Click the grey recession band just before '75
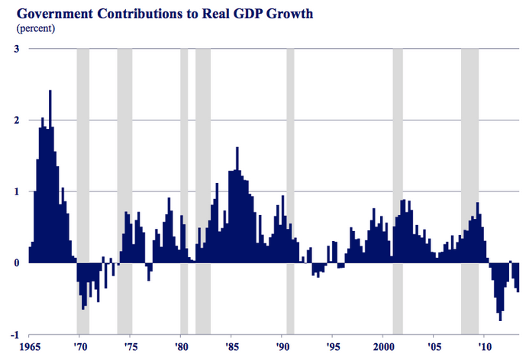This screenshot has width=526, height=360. (124, 153)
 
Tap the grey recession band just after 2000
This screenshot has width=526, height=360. (398, 153)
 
